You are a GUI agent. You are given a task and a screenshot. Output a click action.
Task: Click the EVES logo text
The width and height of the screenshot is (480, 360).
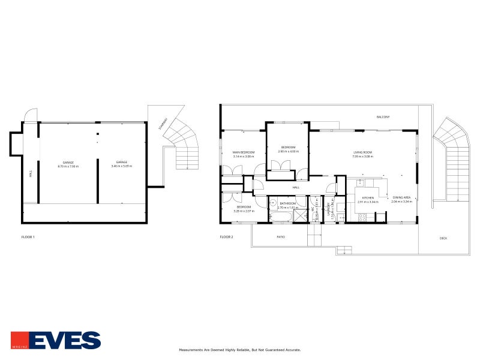point(65,340)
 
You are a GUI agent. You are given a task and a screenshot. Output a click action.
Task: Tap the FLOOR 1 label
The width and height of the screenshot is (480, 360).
point(28,237)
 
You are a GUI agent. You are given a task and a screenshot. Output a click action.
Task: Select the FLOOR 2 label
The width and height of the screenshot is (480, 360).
point(226,237)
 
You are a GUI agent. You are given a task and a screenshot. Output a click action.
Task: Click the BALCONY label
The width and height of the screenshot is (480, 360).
point(383,116)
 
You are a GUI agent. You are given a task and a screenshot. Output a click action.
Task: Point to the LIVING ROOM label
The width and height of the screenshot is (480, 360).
point(362,152)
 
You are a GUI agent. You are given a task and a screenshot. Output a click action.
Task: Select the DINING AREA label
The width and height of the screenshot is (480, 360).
point(401,197)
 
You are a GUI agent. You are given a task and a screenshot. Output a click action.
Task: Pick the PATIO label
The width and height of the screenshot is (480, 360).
point(280,237)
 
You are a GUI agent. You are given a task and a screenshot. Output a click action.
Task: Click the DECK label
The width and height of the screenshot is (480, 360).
point(443,238)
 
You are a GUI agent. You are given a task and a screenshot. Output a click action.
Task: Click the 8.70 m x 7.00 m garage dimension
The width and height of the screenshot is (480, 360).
point(68,166)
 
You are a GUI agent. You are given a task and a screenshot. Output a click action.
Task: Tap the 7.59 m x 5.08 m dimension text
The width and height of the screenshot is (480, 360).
point(362,157)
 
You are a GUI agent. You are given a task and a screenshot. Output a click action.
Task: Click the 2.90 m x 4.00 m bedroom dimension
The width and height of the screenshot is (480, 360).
point(287,151)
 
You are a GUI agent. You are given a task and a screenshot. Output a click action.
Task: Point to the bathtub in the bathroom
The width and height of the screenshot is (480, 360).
point(279,218)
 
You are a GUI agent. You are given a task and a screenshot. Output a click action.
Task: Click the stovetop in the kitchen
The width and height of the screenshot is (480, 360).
point(362,217)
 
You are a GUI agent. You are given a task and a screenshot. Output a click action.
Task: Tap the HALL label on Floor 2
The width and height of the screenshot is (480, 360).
point(296,188)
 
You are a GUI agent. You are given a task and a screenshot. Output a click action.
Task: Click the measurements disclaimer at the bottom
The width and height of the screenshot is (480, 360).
point(240,350)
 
